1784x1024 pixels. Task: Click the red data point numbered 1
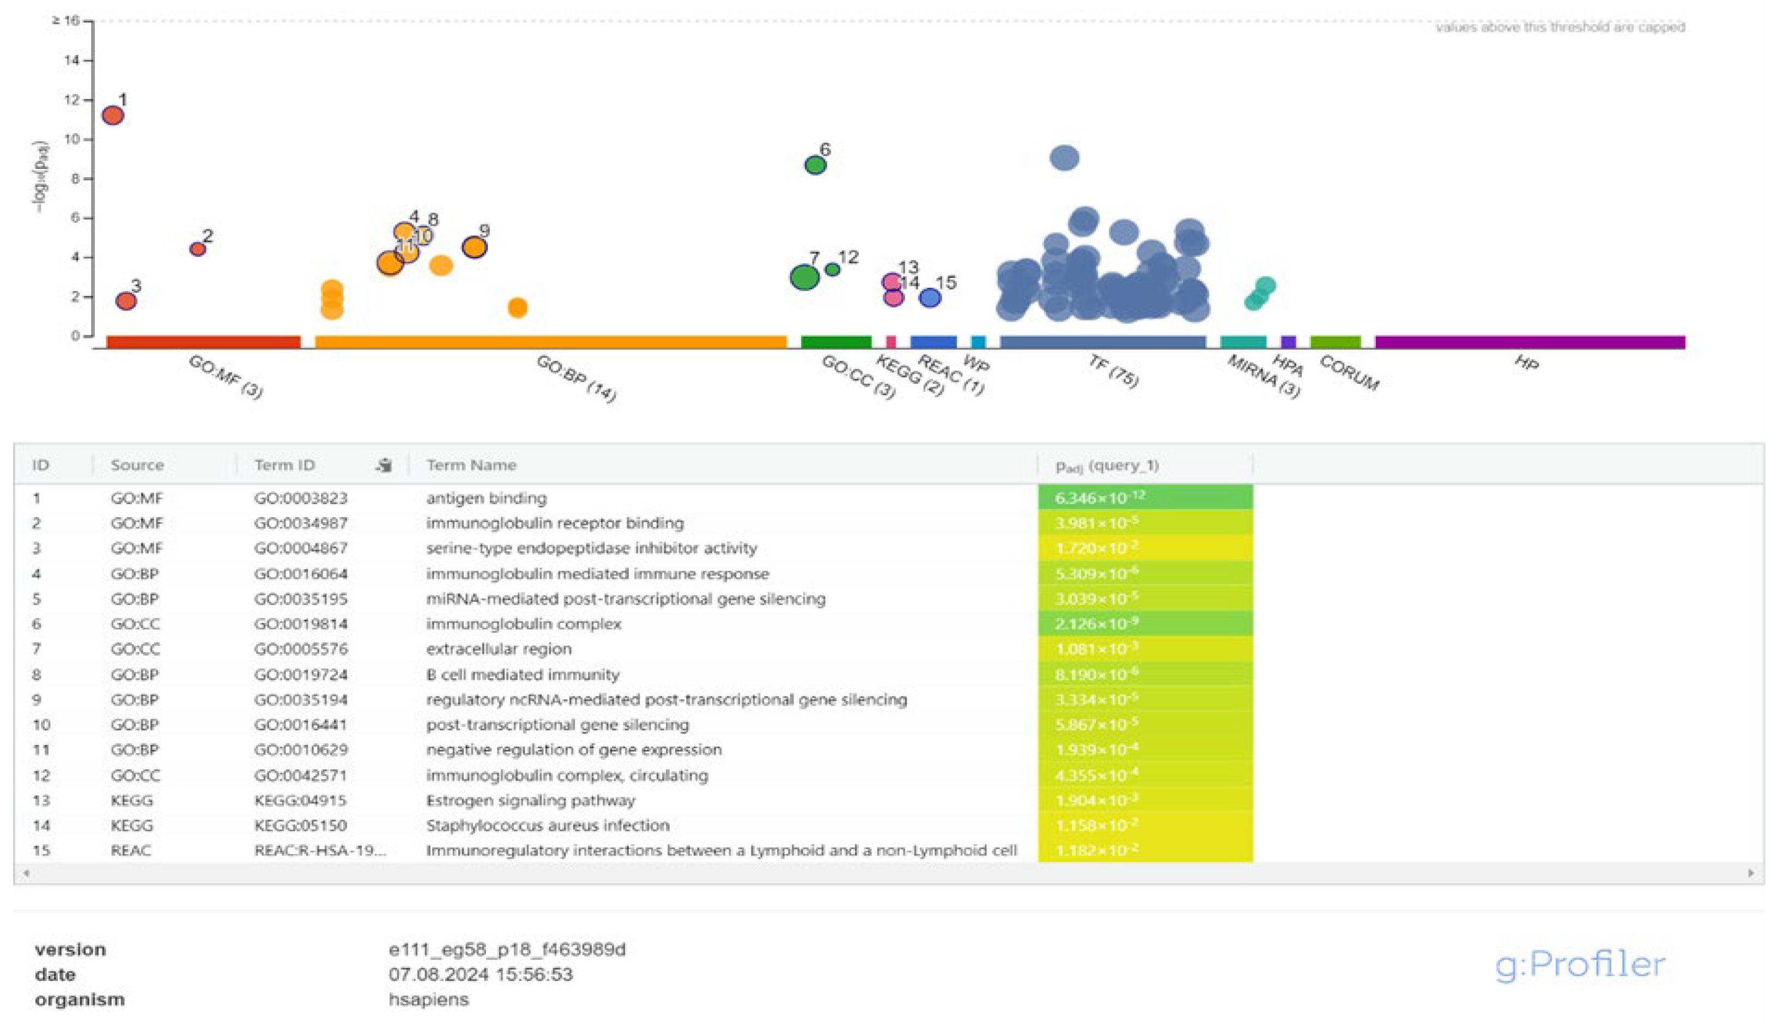[x=112, y=116]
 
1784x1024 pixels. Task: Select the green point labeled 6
[x=815, y=165]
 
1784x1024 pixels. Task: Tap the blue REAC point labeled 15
[x=930, y=298]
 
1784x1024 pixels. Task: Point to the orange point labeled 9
[x=475, y=247]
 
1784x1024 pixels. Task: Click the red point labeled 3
[x=126, y=301]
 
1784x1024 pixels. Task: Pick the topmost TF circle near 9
[x=1064, y=157]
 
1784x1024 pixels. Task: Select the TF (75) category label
[x=1113, y=371]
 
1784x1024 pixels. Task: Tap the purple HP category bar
[x=1530, y=342]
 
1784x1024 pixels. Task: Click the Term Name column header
[x=471, y=465]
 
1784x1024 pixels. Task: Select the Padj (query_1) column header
[x=1107, y=465]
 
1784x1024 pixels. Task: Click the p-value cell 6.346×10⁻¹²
[x=1100, y=498]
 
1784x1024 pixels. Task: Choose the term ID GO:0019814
[x=301, y=624]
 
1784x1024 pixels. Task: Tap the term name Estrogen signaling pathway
[x=530, y=801]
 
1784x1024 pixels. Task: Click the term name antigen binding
[x=486, y=498]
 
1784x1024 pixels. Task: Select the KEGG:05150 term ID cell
[x=301, y=825]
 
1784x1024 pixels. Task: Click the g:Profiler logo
[x=1579, y=964]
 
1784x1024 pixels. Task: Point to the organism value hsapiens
[x=428, y=999]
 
